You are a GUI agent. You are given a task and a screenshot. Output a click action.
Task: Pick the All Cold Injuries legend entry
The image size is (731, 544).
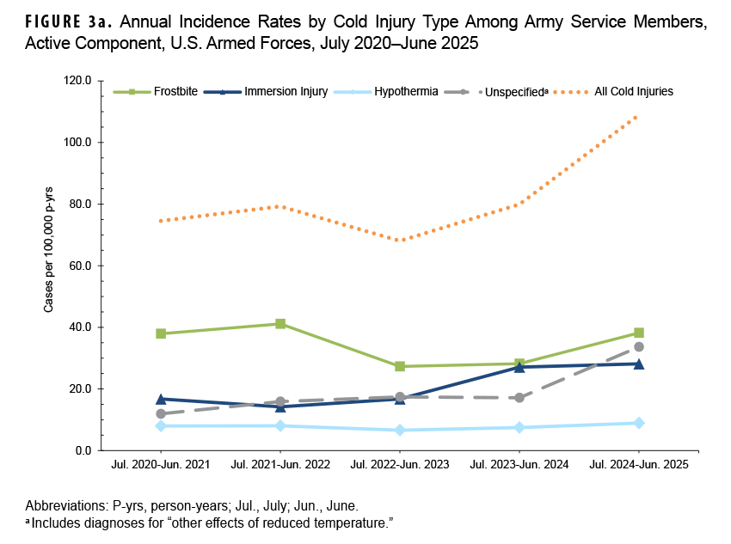click(x=633, y=90)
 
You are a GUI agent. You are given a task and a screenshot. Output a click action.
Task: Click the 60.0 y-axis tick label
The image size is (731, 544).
click(x=80, y=266)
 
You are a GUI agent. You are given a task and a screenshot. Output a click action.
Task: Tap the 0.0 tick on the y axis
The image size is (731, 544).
click(x=83, y=450)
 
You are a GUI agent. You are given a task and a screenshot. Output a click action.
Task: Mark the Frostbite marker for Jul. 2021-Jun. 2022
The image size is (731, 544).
click(x=280, y=324)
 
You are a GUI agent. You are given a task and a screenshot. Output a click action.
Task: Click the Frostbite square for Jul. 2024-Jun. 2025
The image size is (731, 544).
click(x=639, y=333)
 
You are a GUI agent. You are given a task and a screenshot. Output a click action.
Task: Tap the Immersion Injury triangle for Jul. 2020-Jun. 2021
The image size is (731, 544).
click(x=161, y=399)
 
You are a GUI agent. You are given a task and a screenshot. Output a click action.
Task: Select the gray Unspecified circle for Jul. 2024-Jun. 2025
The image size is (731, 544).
click(x=639, y=347)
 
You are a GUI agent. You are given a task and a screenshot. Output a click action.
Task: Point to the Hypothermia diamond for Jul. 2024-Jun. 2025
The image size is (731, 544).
click(x=639, y=423)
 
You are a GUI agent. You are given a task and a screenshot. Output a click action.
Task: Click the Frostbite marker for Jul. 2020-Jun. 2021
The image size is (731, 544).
click(x=161, y=333)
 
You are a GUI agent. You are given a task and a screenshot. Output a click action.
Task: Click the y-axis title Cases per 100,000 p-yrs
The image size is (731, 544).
click(x=49, y=266)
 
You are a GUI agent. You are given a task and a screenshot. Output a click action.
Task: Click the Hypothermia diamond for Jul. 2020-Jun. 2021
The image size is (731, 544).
click(x=161, y=425)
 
